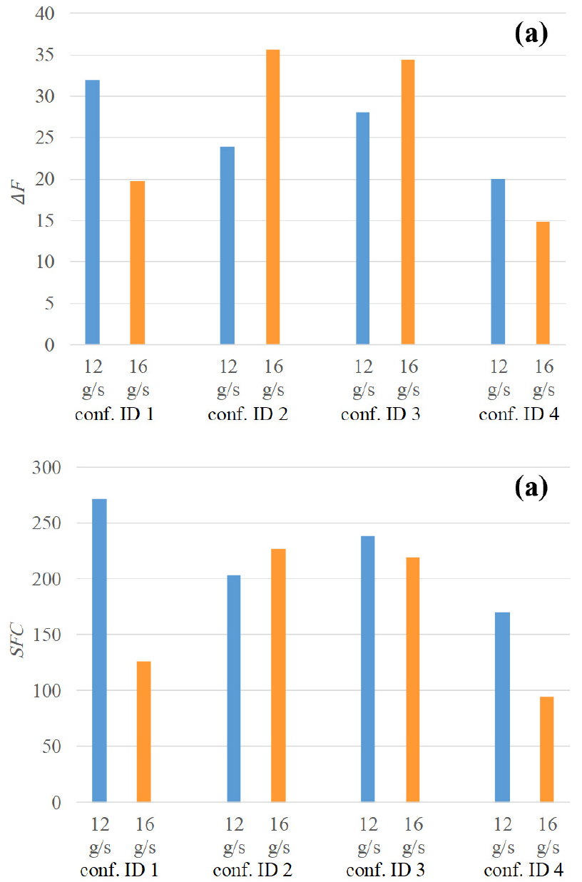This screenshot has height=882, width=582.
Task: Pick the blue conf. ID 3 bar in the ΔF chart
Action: click(362, 228)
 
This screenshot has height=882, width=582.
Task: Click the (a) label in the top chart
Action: click(529, 35)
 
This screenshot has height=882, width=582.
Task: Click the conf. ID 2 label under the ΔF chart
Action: click(247, 414)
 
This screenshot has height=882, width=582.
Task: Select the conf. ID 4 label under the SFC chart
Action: click(523, 871)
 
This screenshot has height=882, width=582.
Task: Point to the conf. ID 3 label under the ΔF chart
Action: click(381, 414)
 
